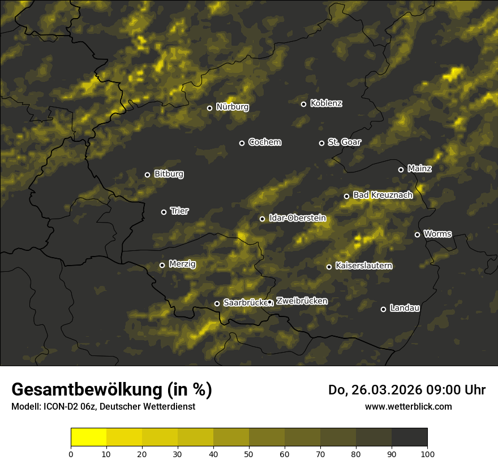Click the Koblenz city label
click(x=326, y=103)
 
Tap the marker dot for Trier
click(x=164, y=212)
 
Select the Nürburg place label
click(x=232, y=107)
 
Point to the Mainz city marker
click(x=401, y=170)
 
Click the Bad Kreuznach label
click(x=383, y=195)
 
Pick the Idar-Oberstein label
click(x=297, y=218)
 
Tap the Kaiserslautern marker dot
click(x=329, y=267)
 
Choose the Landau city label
click(x=405, y=308)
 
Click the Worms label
click(x=437, y=233)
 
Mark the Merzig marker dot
click(x=162, y=265)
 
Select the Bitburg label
click(x=169, y=174)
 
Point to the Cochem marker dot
click(x=242, y=143)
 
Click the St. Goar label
click(x=344, y=142)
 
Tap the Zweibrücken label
click(x=302, y=301)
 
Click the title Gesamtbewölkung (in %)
click(x=111, y=390)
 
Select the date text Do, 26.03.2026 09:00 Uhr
click(x=406, y=390)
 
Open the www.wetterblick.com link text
click(x=408, y=406)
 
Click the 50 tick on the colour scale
click(x=249, y=454)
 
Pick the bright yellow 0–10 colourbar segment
click(x=88, y=437)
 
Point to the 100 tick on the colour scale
click(x=427, y=454)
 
